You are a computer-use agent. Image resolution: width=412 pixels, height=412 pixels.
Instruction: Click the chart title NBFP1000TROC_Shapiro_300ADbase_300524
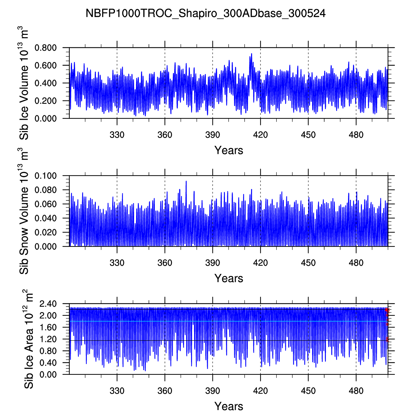tap(205, 13)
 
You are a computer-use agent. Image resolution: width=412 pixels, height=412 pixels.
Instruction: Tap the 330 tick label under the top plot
tap(117, 135)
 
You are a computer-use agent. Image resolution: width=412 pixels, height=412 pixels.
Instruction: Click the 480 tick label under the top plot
tap(356, 135)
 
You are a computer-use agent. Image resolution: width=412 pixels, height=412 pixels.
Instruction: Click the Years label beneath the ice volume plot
tap(229, 150)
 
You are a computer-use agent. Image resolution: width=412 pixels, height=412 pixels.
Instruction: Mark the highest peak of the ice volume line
tap(251, 54)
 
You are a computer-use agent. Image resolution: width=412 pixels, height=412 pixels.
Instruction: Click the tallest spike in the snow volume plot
tap(186, 181)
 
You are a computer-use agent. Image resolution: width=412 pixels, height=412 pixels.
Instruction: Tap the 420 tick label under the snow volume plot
tap(260, 263)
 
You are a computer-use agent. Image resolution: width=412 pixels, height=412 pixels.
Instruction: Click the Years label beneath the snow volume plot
tap(229, 278)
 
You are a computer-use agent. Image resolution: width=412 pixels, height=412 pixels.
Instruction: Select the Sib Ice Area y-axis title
tap(29, 339)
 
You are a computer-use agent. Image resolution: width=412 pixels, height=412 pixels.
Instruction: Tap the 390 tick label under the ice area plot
tap(213, 391)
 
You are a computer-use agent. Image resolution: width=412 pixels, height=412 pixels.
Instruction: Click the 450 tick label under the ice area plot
tap(308, 391)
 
